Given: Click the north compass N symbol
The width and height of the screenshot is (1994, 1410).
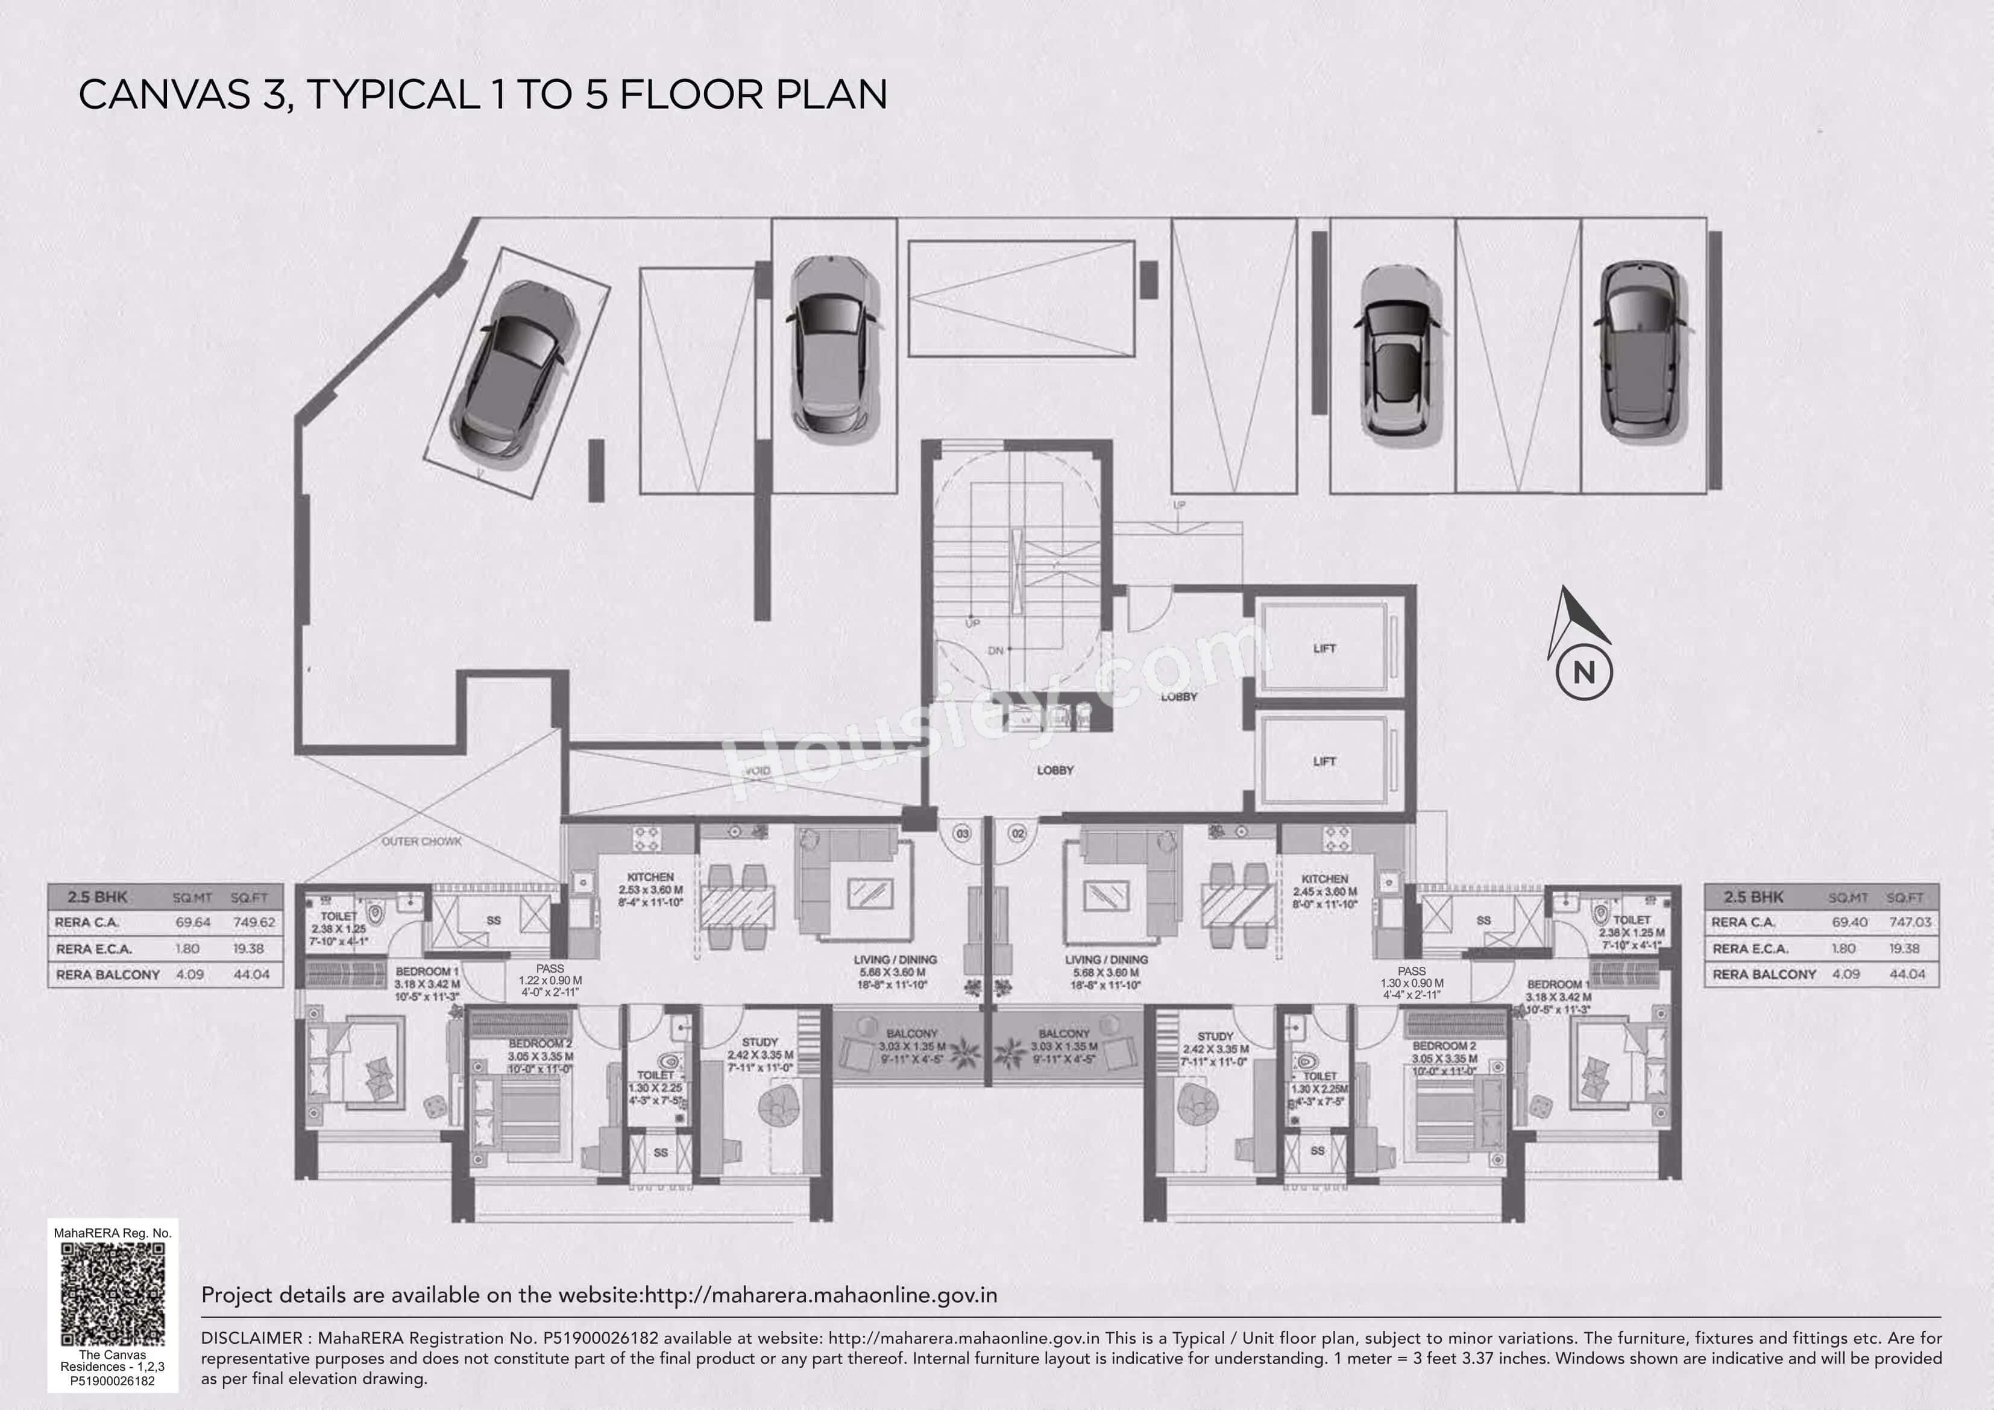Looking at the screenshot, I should (x=1584, y=672).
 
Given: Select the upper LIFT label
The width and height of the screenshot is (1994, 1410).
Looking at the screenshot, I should (x=1324, y=648).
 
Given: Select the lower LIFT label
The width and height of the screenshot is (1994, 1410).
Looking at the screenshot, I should (x=1324, y=761).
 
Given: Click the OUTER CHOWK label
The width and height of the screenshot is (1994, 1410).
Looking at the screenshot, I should (x=421, y=841).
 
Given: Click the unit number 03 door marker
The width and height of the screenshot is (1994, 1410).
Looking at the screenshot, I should (x=962, y=833).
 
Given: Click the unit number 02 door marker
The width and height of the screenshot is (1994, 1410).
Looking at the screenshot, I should (x=1018, y=833).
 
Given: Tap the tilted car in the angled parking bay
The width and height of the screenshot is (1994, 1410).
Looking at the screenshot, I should (x=514, y=370).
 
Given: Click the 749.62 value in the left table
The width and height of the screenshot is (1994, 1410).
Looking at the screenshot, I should (x=254, y=922).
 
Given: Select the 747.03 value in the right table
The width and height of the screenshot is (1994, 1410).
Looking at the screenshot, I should (x=1910, y=922).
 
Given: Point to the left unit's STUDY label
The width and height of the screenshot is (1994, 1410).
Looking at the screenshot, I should (x=760, y=1042).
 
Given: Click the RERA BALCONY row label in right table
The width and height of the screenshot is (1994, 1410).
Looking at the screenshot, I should (x=1764, y=974).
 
